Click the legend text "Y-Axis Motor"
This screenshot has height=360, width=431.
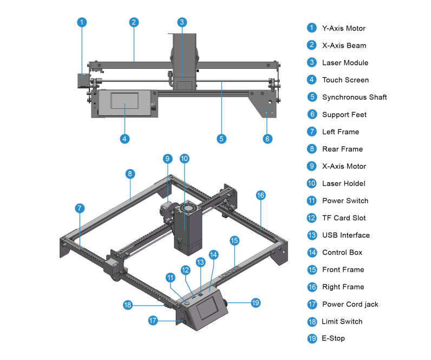tap(343, 28)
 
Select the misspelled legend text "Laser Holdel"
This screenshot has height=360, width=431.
tap(343, 184)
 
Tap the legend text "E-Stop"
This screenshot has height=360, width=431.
tap(333, 338)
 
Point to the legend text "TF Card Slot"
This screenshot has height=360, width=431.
tap(343, 218)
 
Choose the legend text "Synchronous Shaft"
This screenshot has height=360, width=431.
tap(354, 97)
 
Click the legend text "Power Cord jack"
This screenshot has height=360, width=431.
tap(350, 304)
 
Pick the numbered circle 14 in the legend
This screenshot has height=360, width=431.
tap(311, 252)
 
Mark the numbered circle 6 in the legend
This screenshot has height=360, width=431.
tap(311, 114)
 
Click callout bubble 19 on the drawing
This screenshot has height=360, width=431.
tap(256, 303)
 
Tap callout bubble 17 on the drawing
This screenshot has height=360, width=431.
tap(153, 320)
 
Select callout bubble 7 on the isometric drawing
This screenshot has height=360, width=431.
tap(80, 208)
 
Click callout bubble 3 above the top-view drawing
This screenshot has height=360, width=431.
tap(182, 22)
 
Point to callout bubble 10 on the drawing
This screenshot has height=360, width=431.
tap(184, 159)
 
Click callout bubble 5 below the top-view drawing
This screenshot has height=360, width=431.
tap(221, 139)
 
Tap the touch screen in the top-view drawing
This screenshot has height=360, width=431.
tap(125, 101)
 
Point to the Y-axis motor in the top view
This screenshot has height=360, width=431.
tap(82, 80)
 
